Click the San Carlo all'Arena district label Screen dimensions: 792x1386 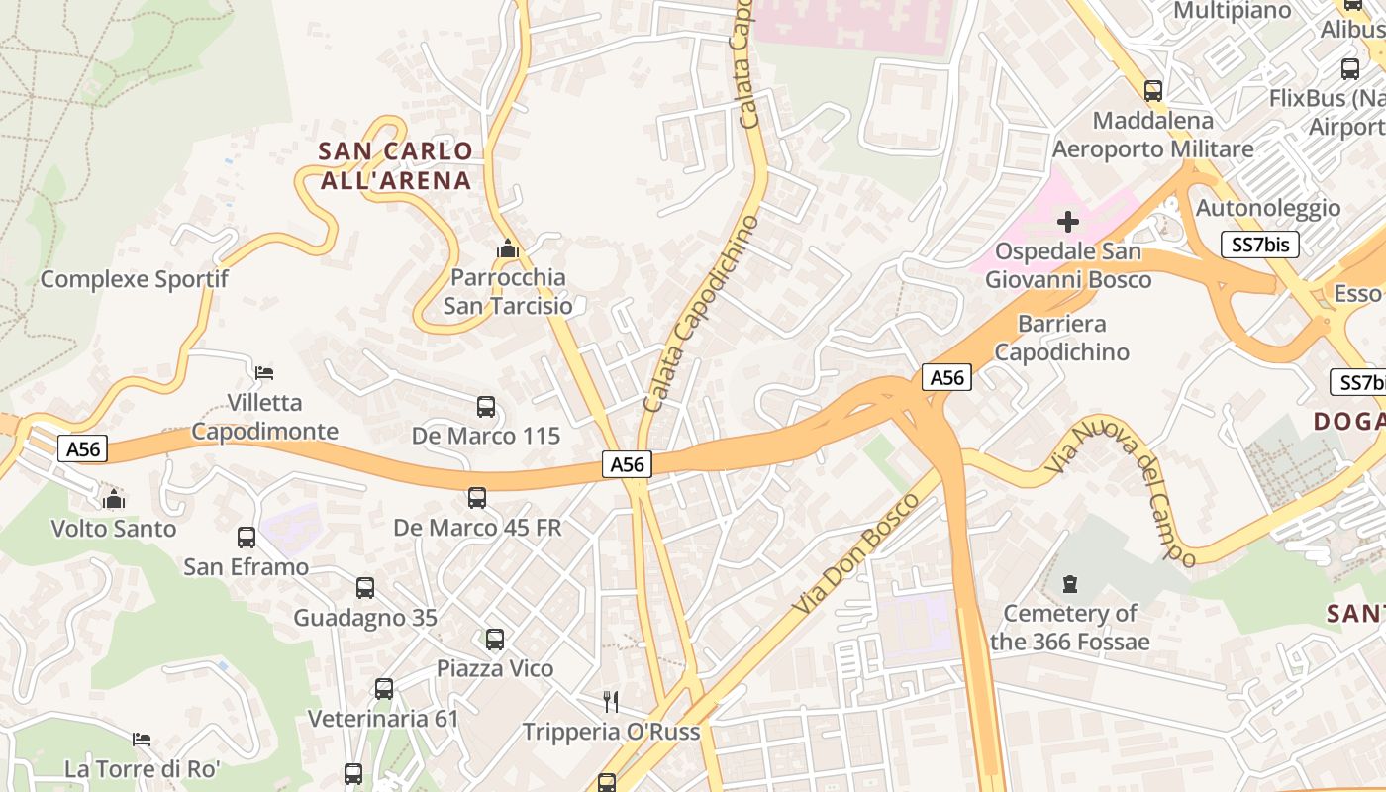(x=395, y=165)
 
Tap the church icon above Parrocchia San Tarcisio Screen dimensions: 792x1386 (x=508, y=249)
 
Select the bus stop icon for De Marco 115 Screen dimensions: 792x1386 (x=486, y=407)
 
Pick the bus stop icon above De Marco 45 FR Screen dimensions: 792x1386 (x=477, y=498)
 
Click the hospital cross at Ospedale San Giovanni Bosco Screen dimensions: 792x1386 (x=1068, y=222)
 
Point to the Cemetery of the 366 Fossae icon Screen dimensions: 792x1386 (x=1069, y=584)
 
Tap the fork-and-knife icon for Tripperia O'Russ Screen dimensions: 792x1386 (x=611, y=702)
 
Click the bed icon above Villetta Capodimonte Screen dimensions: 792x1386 (x=264, y=373)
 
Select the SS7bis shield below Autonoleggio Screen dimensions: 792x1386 (x=1259, y=245)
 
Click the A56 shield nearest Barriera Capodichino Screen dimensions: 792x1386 (x=946, y=377)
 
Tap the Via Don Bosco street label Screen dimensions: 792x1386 (x=857, y=550)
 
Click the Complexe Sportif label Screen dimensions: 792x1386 (x=134, y=279)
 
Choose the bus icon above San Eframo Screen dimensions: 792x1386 (x=247, y=538)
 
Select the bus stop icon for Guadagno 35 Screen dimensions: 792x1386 (x=365, y=588)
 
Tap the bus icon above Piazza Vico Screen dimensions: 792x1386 (x=495, y=640)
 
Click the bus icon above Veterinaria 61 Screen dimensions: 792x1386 (x=384, y=689)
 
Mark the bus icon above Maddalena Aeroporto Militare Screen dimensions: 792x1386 (x=1153, y=91)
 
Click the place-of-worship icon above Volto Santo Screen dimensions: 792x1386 (x=114, y=499)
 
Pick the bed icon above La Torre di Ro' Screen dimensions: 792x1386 (x=142, y=740)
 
